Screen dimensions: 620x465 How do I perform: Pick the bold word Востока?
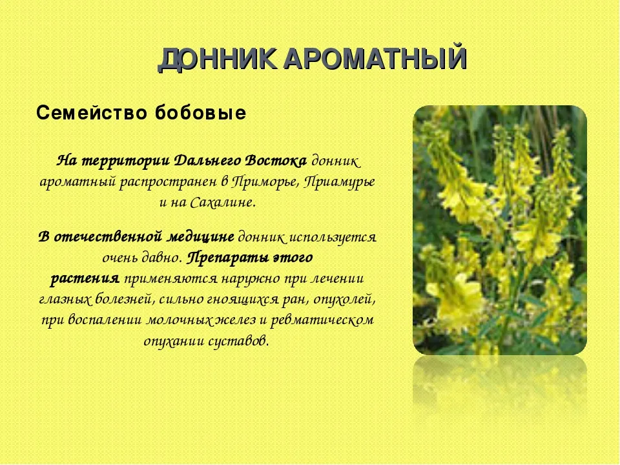pos(275,161)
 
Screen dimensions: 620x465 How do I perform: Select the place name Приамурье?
pos(340,182)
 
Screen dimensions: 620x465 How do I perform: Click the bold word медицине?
pos(201,237)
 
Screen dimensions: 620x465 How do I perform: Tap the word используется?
pos(333,237)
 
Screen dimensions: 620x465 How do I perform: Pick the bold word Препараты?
pos(228,258)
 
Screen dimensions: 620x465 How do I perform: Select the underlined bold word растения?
pos(85,279)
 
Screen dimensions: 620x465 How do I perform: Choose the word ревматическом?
pos(323,320)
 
